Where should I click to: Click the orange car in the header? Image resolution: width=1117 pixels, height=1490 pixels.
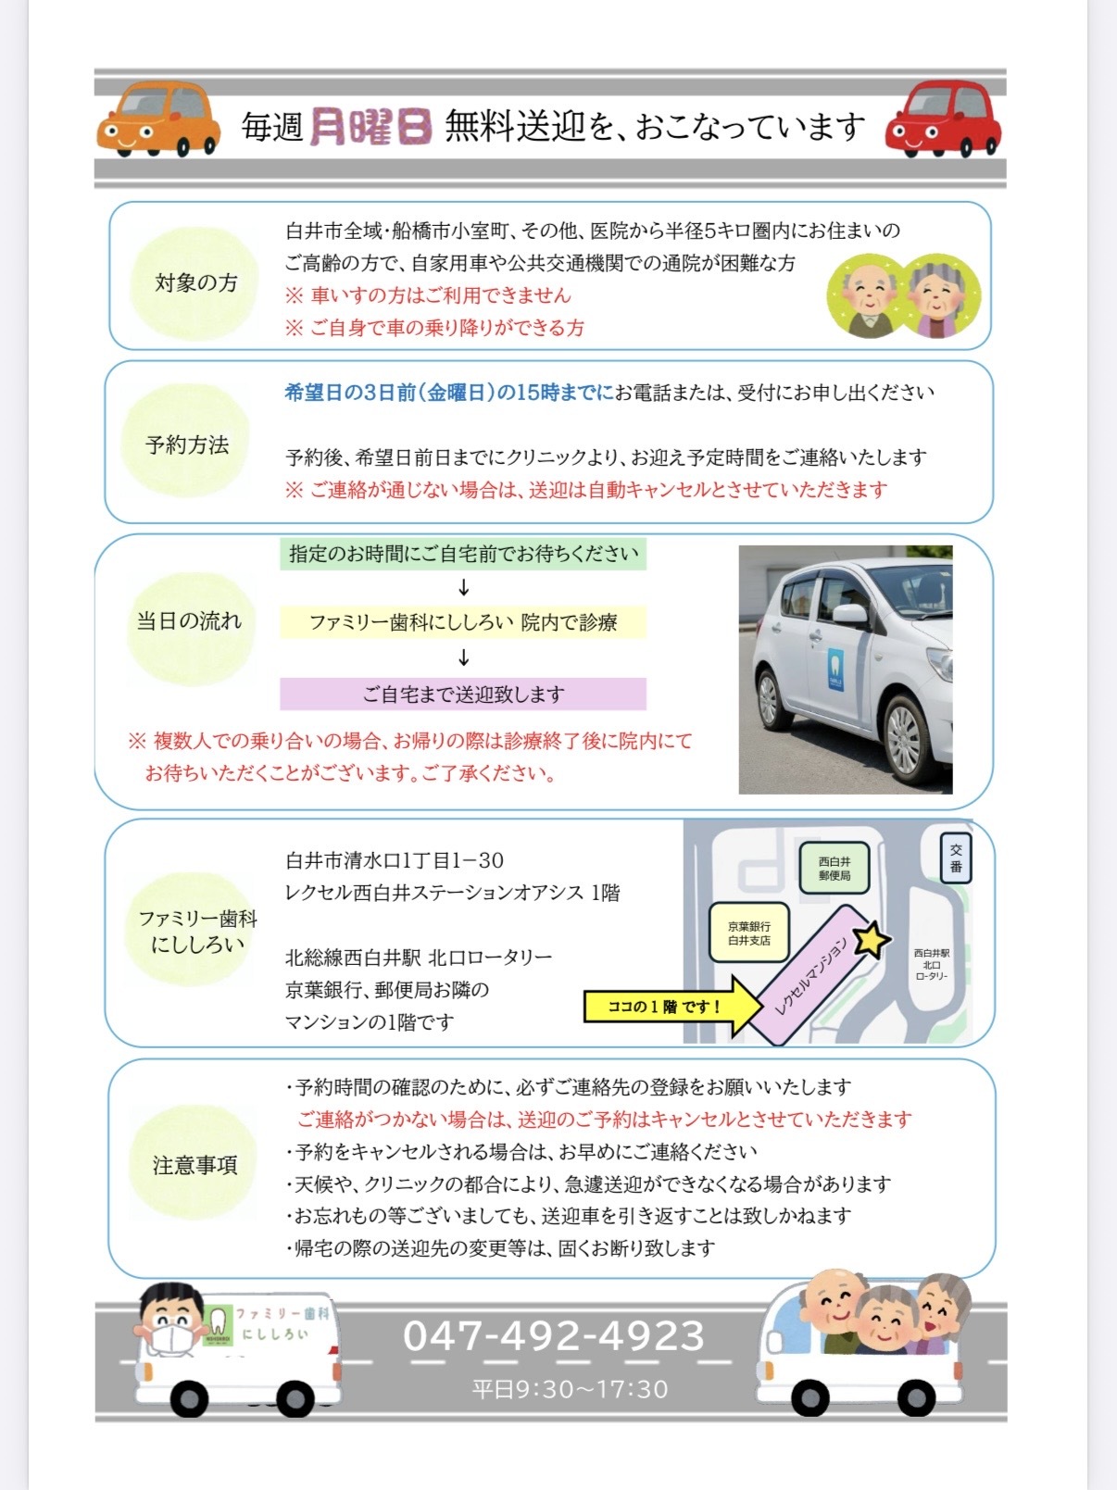[x=158, y=119]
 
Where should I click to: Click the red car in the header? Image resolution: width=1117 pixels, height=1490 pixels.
[x=943, y=119]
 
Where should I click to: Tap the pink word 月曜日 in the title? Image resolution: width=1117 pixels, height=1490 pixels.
[x=370, y=127]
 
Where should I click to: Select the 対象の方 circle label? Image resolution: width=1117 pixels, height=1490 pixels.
[x=195, y=282]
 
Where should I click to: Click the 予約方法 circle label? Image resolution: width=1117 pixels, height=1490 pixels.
[x=187, y=444]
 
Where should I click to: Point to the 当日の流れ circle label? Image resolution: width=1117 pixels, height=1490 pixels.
[x=189, y=620]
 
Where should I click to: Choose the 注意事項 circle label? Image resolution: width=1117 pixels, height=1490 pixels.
[x=195, y=1165]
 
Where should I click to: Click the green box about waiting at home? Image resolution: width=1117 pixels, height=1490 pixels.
[x=463, y=554]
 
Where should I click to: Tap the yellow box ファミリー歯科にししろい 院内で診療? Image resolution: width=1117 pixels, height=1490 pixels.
[x=463, y=622]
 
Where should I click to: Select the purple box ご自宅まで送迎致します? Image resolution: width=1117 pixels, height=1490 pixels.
[x=463, y=694]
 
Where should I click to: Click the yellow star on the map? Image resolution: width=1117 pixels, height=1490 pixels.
[x=871, y=941]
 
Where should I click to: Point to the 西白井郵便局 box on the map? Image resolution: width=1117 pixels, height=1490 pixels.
[x=835, y=868]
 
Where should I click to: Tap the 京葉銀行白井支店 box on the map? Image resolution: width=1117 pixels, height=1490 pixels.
[x=748, y=933]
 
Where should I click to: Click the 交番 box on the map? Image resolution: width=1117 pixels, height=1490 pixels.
[x=956, y=858]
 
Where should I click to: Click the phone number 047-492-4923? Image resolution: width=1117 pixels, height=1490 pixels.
[x=554, y=1335]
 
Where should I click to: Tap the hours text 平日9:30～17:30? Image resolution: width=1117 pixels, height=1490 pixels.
[x=570, y=1389]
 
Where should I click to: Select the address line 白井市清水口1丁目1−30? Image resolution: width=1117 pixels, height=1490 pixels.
[x=395, y=860]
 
